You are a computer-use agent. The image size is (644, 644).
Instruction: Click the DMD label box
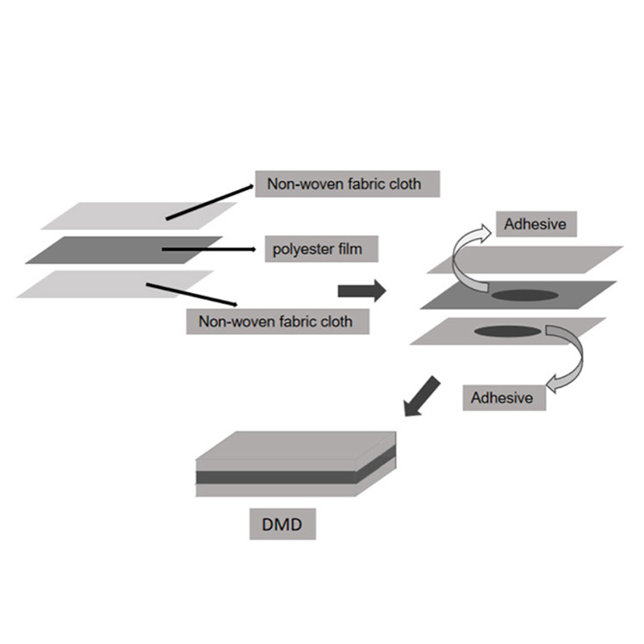[x=281, y=526]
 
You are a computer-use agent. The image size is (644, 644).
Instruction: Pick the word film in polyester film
[x=349, y=250]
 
